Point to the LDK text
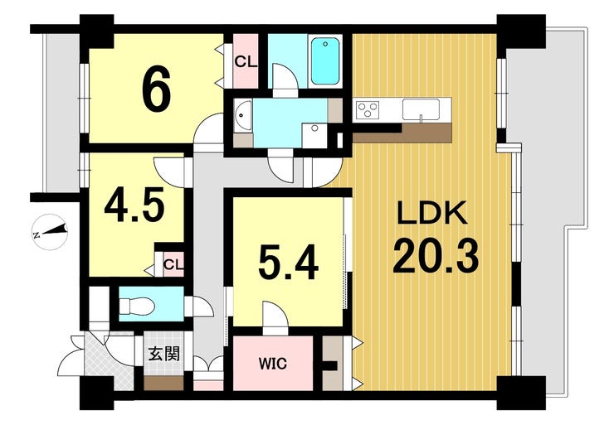(x=432, y=217)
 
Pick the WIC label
(x=273, y=363)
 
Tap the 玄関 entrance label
(x=163, y=355)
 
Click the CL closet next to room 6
(x=245, y=60)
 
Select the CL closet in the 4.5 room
(x=173, y=265)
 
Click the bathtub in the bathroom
(x=325, y=60)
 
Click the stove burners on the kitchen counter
(x=366, y=109)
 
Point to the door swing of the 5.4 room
(x=274, y=316)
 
